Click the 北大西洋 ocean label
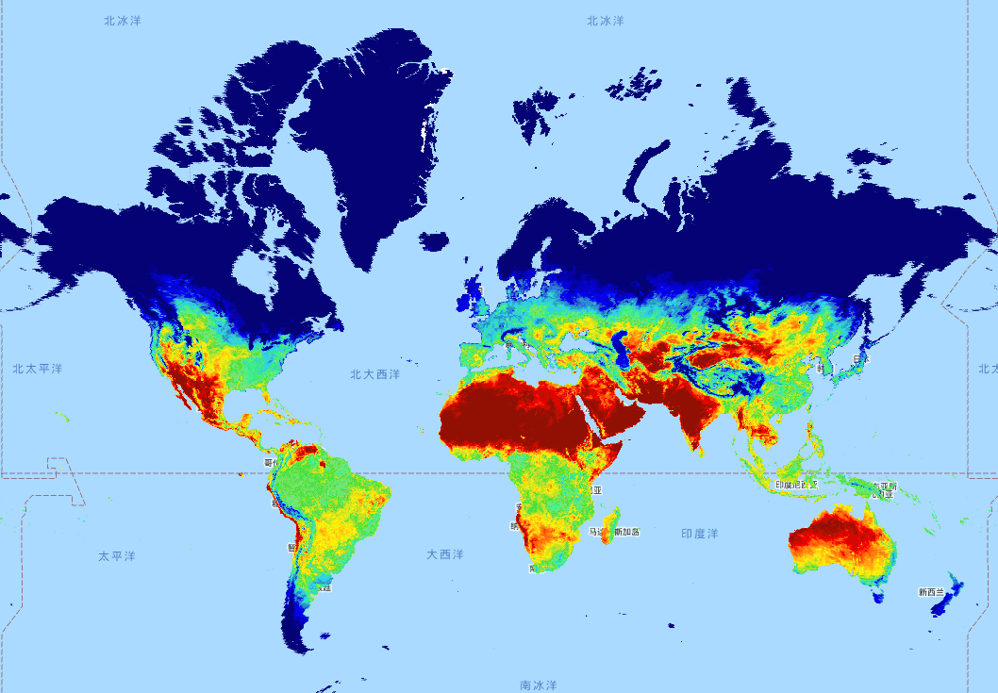[374, 374]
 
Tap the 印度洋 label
[699, 534]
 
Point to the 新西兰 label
[930, 592]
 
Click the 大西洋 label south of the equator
[444, 554]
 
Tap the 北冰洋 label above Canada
[123, 20]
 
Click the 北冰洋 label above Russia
[605, 20]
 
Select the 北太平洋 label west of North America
[38, 369]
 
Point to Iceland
[435, 241]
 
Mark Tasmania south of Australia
[880, 596]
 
